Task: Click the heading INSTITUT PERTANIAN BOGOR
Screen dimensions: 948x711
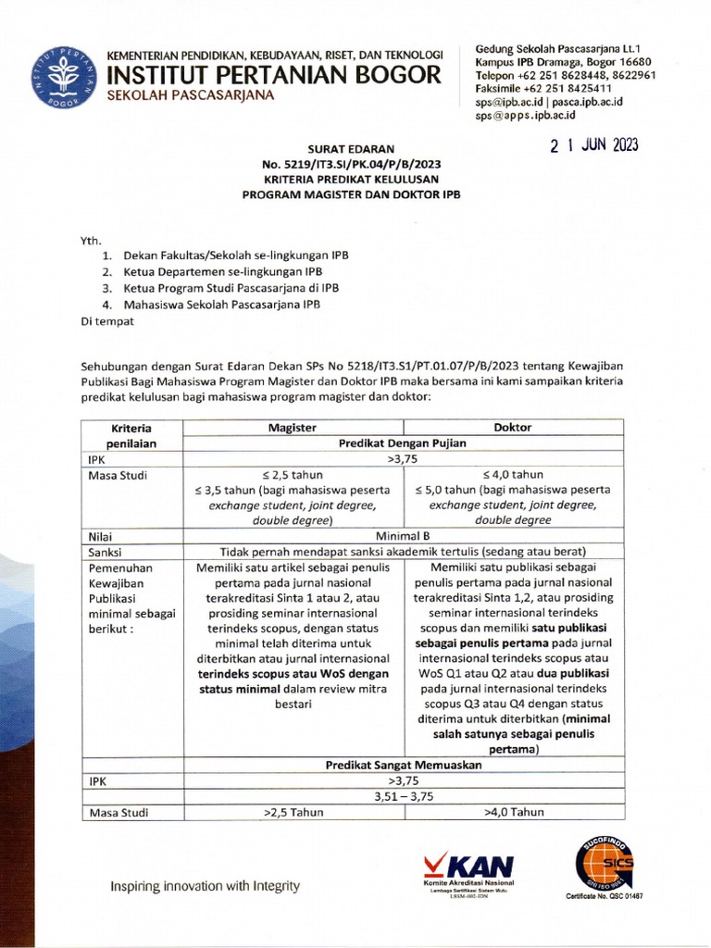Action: (x=275, y=73)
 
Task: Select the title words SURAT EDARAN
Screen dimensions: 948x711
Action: (x=351, y=148)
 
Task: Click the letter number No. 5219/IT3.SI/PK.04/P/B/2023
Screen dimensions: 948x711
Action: (x=351, y=164)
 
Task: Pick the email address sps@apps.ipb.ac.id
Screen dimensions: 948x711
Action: (x=525, y=116)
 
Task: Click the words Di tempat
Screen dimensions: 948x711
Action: (x=107, y=321)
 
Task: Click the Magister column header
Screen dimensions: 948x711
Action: (x=293, y=428)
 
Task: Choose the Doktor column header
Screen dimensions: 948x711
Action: (x=513, y=428)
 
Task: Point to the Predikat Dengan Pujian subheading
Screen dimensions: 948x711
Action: (x=401, y=443)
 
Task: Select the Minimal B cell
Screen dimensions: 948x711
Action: (x=401, y=535)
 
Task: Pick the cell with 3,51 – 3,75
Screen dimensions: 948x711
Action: (x=401, y=796)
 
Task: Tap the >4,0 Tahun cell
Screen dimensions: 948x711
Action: (x=513, y=813)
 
